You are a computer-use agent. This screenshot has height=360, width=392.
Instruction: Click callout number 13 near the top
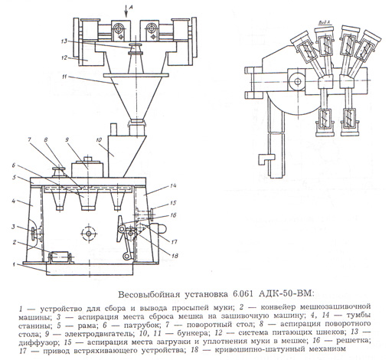point(64,41)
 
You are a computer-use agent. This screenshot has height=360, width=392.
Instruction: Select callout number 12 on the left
point(64,57)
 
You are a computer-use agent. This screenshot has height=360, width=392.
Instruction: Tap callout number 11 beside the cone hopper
point(64,77)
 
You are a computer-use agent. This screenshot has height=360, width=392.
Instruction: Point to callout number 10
point(99,140)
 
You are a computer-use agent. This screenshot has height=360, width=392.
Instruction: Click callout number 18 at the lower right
point(175,255)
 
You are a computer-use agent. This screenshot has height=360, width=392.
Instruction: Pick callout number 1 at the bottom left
point(14,264)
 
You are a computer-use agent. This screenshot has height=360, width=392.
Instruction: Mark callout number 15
point(173,203)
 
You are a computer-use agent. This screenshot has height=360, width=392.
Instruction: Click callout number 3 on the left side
point(14,227)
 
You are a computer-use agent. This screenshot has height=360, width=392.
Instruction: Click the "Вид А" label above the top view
point(325,22)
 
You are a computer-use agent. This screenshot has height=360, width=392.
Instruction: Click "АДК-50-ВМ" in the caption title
point(286,293)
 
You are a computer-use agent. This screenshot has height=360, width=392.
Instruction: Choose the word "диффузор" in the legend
point(39,342)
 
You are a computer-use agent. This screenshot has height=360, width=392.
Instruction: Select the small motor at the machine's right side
point(159,228)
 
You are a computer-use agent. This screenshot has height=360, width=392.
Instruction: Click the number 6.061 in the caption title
point(243,294)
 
